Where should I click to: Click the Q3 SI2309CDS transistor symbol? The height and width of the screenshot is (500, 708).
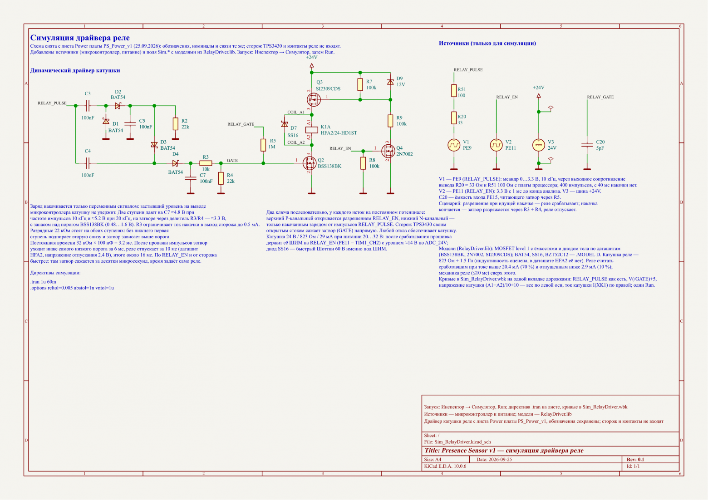pyautogui.click(x=313, y=99)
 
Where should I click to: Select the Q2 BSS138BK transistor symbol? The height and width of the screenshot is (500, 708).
pyautogui.click(x=309, y=163)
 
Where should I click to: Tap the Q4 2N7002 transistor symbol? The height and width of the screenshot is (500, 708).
pyautogui.click(x=388, y=151)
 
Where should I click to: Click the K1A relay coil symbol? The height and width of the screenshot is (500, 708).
pyautogui.click(x=312, y=130)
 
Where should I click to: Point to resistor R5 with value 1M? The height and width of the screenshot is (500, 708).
pyautogui.click(x=263, y=145)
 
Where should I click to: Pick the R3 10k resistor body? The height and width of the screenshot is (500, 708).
pyautogui.click(x=206, y=163)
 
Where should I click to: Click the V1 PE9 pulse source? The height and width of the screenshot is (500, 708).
pyautogui.click(x=454, y=145)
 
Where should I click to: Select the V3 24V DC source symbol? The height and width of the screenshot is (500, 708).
pyautogui.click(x=539, y=145)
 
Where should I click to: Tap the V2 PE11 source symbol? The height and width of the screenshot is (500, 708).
pyautogui.click(x=496, y=145)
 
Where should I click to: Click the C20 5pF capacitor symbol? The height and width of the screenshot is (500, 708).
pyautogui.click(x=587, y=145)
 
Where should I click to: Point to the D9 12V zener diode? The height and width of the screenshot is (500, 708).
pyautogui.click(x=390, y=82)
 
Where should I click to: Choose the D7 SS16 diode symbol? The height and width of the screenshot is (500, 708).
pyautogui.click(x=285, y=124)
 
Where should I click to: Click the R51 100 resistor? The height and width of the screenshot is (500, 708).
pyautogui.click(x=454, y=91)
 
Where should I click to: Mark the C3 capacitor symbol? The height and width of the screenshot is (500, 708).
pyautogui.click(x=88, y=106)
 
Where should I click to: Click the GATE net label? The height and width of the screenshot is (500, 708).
pyautogui.click(x=232, y=161)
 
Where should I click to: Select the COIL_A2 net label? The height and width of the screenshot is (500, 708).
pyautogui.click(x=296, y=142)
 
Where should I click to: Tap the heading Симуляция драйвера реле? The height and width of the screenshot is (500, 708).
pyautogui.click(x=80, y=38)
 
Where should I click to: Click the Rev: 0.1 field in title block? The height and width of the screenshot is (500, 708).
pyautogui.click(x=635, y=459)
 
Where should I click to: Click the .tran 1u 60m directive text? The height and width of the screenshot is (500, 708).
pyautogui.click(x=43, y=282)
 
